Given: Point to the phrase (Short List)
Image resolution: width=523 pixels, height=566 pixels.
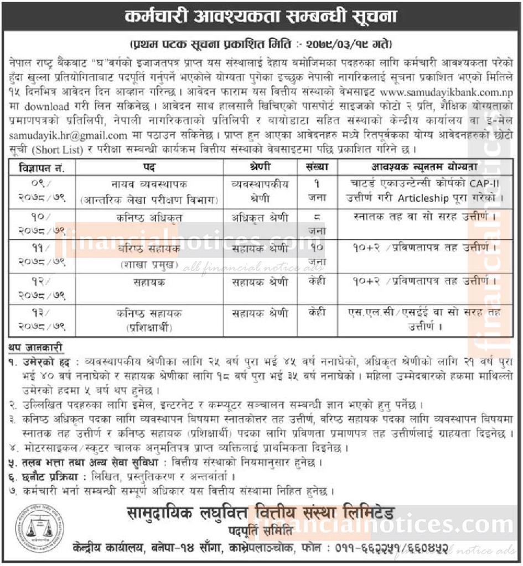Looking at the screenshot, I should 56,148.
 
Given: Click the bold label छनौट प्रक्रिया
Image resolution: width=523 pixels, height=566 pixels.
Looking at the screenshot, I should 46,476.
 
